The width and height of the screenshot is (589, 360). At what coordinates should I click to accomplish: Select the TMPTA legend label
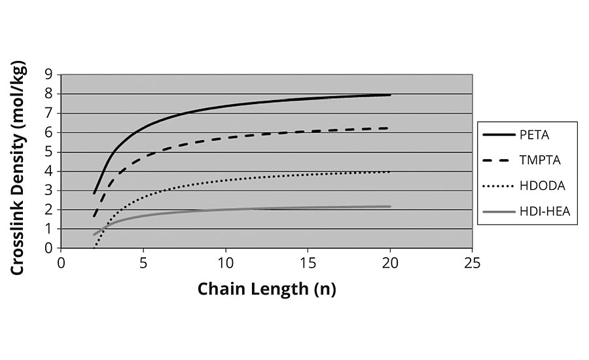click(539, 160)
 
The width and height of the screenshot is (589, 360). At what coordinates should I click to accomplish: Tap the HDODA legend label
click(540, 185)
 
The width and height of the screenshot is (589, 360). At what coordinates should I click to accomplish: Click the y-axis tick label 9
click(48, 75)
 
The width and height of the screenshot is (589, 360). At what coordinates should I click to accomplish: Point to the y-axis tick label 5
click(48, 152)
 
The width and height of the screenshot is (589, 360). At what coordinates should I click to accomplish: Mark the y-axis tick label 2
click(48, 210)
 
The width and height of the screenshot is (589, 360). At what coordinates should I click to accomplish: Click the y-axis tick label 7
click(48, 113)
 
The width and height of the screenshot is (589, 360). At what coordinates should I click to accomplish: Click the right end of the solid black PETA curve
click(390, 95)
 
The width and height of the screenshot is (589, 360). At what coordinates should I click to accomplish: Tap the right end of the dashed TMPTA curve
click(390, 128)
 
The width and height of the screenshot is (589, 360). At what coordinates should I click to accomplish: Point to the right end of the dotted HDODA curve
click(390, 171)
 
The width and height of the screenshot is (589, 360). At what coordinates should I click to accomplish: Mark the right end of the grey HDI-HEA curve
click(390, 206)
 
